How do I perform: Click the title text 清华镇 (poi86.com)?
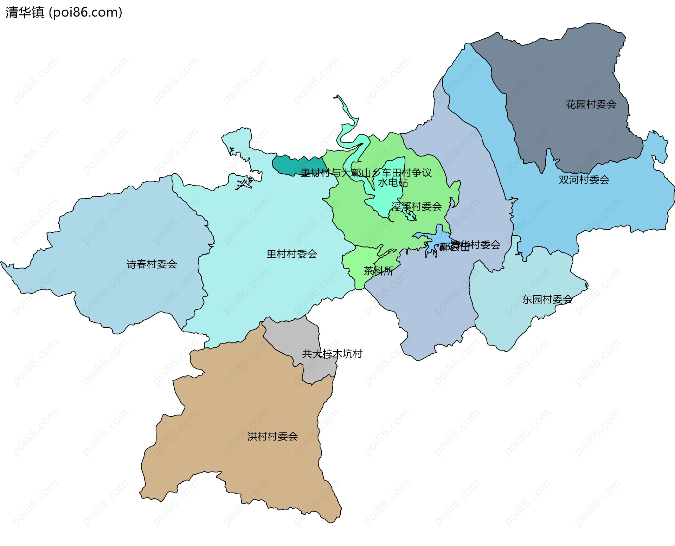point(64,12)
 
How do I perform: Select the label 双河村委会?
point(584,180)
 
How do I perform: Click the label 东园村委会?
point(547,299)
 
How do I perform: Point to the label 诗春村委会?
point(152,264)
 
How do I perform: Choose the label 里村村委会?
point(291,254)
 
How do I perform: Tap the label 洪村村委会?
point(272,436)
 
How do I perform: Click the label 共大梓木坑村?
point(332,354)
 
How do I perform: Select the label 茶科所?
point(378,271)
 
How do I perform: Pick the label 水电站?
point(393,182)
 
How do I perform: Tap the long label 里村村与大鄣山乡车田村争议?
point(366,173)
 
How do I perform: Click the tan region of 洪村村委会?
point(246,404)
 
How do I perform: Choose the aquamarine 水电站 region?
point(387,197)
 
